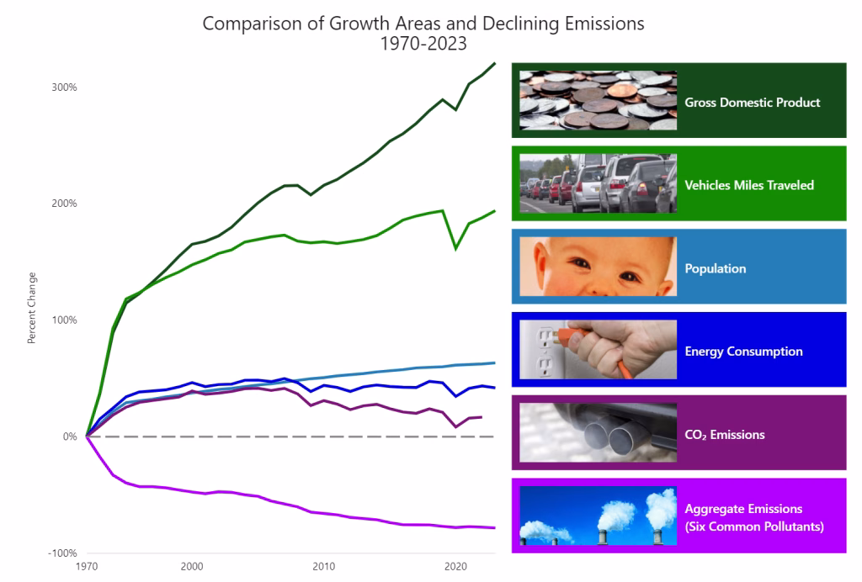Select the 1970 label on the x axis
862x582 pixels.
tap(87, 567)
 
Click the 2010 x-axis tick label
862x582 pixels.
tap(324, 567)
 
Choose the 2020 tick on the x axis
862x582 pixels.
tap(455, 567)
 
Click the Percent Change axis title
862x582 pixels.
tap(32, 308)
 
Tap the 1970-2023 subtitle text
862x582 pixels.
tap(423, 43)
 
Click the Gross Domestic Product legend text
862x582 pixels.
tap(752, 103)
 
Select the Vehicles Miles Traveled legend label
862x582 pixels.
tap(749, 185)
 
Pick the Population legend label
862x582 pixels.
tap(715, 268)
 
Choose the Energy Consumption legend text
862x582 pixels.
tap(743, 352)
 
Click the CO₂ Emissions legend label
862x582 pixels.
tap(724, 435)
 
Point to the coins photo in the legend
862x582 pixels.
tap(598, 100)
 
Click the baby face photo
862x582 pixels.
tap(598, 267)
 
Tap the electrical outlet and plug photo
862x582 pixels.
tap(598, 350)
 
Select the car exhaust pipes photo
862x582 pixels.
tap(598, 433)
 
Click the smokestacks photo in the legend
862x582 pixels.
tap(598, 516)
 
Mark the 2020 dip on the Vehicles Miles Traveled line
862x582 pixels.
tap(455, 249)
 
